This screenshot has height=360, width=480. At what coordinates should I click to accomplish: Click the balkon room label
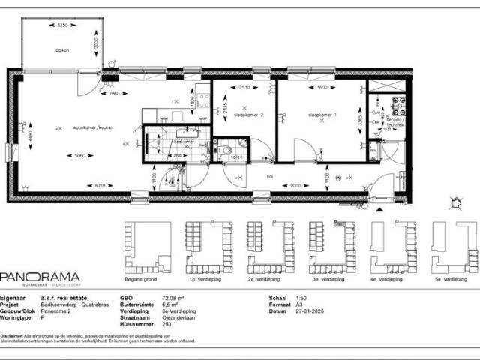(x=62, y=50)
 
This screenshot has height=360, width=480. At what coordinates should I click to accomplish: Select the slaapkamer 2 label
(x=249, y=115)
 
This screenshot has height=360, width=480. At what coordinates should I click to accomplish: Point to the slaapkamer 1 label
(x=322, y=115)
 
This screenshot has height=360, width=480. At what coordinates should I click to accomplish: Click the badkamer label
(x=184, y=142)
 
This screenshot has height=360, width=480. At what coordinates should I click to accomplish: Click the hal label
(x=270, y=177)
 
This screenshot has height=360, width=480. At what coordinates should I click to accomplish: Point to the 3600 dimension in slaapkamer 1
(x=322, y=88)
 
